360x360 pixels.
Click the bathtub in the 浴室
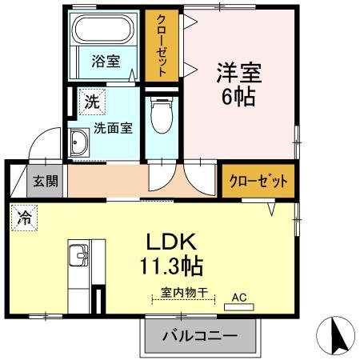[x=103, y=29]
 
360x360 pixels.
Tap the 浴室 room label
[x=106, y=61]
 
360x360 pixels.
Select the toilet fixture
[x=162, y=115]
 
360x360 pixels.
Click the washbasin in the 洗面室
[x=79, y=142]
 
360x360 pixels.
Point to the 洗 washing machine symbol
[x=92, y=102]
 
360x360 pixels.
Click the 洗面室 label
[x=113, y=128]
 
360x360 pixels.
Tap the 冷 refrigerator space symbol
[x=24, y=218]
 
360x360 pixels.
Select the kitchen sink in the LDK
[x=78, y=255]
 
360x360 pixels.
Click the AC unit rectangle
[x=239, y=307]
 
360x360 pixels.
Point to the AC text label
[x=239, y=298]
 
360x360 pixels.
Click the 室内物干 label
[x=184, y=293]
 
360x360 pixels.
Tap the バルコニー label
[x=200, y=336]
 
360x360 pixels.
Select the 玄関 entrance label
[x=46, y=182]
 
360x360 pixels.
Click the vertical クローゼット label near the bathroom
[x=162, y=46]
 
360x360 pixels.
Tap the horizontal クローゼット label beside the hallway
[x=258, y=182]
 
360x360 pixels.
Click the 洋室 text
[x=239, y=72]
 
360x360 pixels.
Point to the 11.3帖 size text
[x=171, y=266]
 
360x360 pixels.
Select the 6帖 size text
[x=238, y=96]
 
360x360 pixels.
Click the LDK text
[x=172, y=242]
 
